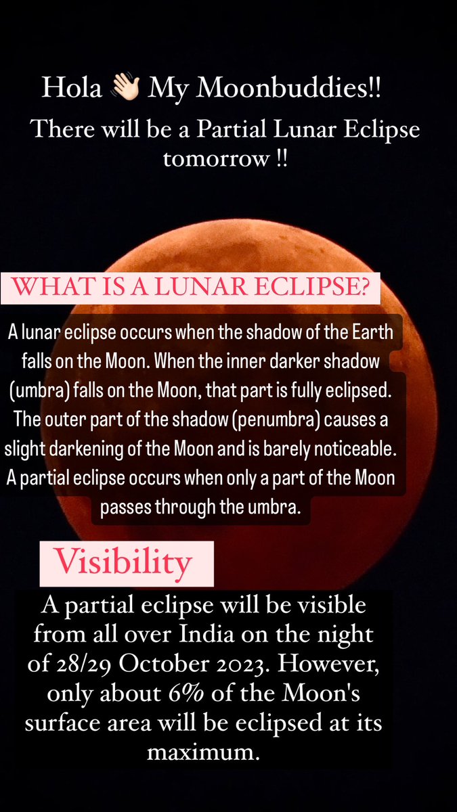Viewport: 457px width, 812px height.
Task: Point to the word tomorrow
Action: (218, 162)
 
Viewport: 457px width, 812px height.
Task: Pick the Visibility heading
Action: (122, 562)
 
